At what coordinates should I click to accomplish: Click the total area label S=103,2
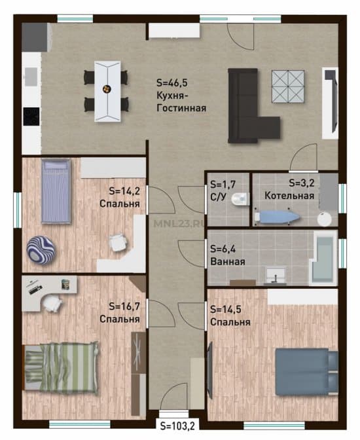pos(177,426)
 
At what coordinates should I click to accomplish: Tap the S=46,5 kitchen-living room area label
pos(172,82)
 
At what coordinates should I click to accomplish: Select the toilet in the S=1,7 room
pos(240,199)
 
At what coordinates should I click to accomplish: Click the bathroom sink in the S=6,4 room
pos(276,276)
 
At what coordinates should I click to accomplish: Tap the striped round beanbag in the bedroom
pos(41,249)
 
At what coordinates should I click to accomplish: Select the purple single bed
pos(56,191)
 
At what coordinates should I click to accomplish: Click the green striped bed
pos(61,367)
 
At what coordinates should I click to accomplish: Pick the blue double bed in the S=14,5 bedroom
pos(306,371)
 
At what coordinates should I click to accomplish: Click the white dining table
pos(108,91)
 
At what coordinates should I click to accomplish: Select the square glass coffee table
pos(288,86)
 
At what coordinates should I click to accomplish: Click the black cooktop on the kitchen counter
pos(31,117)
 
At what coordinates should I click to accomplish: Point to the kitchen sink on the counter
pos(31,77)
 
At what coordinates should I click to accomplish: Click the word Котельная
pos(289,196)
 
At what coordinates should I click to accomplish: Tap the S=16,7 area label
pos(124,306)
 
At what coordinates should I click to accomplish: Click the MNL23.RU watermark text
pos(179,223)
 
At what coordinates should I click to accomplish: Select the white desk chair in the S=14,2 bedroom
pos(118,242)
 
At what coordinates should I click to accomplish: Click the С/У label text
pos(218,196)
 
